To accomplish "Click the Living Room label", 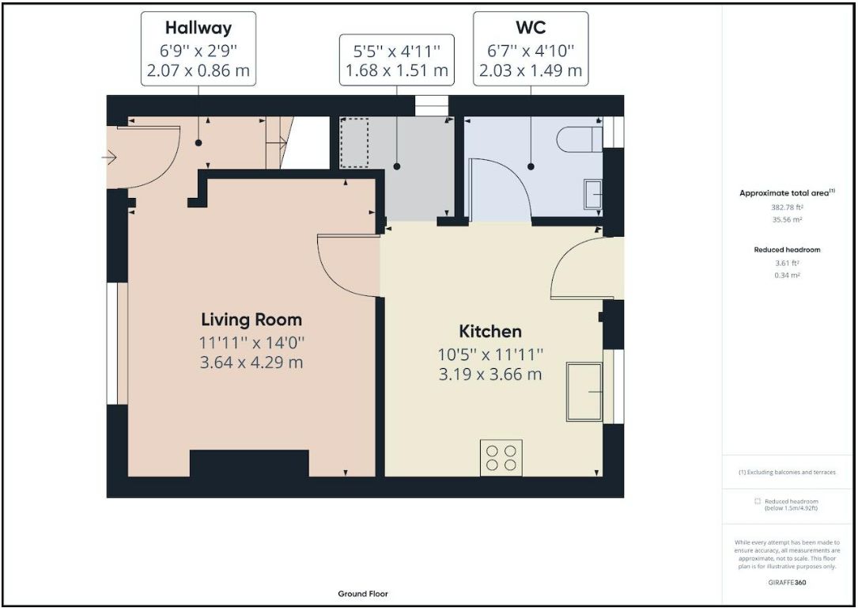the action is (x=251, y=319).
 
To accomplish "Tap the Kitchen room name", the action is (x=489, y=332).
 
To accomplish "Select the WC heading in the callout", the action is (x=531, y=28).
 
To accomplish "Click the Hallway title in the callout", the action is (x=198, y=28).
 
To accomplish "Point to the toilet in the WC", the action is (x=580, y=139).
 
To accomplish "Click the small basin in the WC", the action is (x=592, y=194).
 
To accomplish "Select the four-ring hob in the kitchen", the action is (x=501, y=458).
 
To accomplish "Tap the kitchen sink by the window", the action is (x=584, y=392).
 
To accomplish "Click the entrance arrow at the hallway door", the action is (x=109, y=158).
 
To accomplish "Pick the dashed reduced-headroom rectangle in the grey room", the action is (x=354, y=142).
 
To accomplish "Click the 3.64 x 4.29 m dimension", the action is (x=251, y=363).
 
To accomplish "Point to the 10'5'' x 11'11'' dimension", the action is (x=490, y=355).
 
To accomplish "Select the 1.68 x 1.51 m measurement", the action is (x=397, y=70).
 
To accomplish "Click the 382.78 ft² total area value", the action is (x=787, y=207).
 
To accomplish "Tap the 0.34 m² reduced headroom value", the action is (x=787, y=275).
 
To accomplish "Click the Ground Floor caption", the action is (x=363, y=594).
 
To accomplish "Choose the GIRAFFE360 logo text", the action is (x=787, y=582).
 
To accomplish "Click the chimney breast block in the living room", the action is (x=249, y=463).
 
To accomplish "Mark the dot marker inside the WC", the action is (x=531, y=166).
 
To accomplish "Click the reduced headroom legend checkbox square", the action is (x=758, y=501).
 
